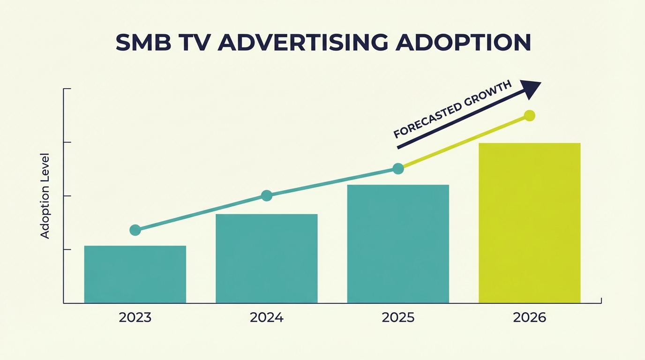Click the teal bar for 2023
click(135, 274)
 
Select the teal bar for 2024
click(266, 258)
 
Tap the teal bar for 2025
click(398, 244)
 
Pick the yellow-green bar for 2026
click(529, 223)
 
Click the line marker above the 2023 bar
click(135, 230)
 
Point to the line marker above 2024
click(266, 195)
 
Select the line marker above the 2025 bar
click(398, 169)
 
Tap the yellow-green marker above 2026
click(529, 115)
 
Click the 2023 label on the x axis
click(135, 318)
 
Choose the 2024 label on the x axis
click(266, 318)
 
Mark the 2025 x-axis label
click(398, 318)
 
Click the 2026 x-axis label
click(529, 318)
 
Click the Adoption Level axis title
click(45, 195)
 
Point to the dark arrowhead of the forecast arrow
click(531, 89)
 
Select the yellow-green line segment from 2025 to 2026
click(464, 142)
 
